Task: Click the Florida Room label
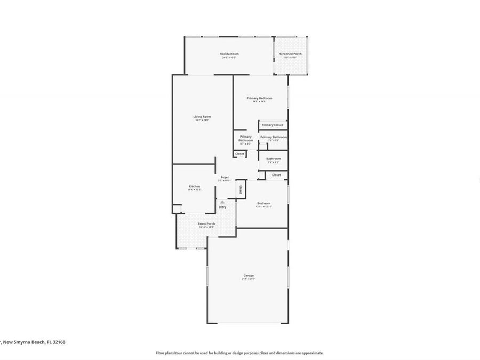point(230,54)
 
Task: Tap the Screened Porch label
point(291,54)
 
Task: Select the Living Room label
point(202,117)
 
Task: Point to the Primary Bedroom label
point(259,98)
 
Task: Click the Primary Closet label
point(272,125)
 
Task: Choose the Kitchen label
point(194,186)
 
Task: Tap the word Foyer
point(225,177)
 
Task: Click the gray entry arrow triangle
point(222,202)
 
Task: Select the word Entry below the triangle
point(222,207)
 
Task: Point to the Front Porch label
point(206,223)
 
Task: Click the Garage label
point(249,275)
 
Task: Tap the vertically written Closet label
point(241,189)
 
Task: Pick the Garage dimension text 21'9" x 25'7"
point(249,279)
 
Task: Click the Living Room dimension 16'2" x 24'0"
point(202,120)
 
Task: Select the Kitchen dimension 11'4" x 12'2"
point(194,189)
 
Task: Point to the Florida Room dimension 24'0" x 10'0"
point(230,57)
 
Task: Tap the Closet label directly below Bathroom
point(276,175)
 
